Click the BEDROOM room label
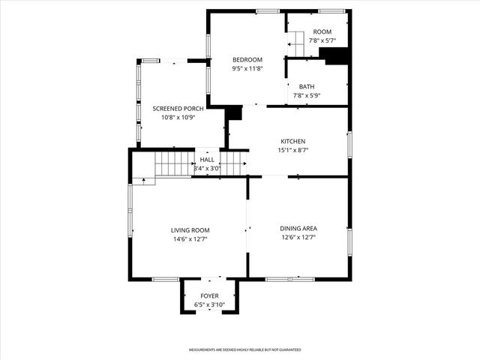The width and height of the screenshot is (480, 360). click(x=247, y=60)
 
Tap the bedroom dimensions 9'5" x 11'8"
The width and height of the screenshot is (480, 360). click(x=247, y=69)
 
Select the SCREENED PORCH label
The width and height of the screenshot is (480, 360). click(x=178, y=109)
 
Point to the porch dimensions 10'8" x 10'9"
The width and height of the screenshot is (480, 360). click(x=178, y=118)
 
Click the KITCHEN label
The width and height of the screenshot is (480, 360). click(x=292, y=141)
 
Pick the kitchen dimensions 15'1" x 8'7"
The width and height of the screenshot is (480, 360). click(x=292, y=150)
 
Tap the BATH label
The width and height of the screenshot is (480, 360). click(x=306, y=87)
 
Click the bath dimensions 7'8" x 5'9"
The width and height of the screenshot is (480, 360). click(x=306, y=96)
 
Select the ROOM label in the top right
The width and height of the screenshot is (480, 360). click(x=322, y=31)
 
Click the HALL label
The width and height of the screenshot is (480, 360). click(x=207, y=160)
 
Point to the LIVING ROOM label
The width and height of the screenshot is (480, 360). click(x=190, y=230)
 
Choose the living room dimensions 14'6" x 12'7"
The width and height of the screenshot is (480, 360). click(x=190, y=239)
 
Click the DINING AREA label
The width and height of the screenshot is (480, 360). click(x=298, y=229)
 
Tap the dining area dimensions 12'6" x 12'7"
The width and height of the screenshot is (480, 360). click(x=298, y=238)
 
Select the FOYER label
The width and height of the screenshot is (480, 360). click(x=209, y=296)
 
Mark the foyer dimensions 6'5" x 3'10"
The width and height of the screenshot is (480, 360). click(x=209, y=305)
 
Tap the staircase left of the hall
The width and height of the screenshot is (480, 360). click(x=174, y=163)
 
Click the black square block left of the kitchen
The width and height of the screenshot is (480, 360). click(x=234, y=112)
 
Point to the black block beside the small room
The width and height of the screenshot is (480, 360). click(x=338, y=57)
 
